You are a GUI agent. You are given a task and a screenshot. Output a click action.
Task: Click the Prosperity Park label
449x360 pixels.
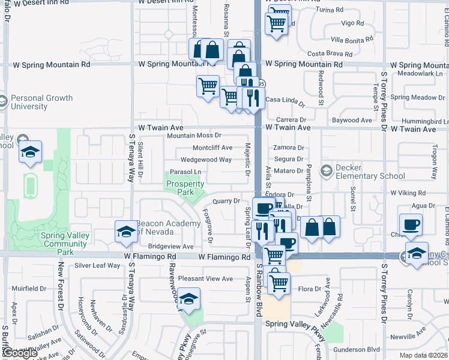185,188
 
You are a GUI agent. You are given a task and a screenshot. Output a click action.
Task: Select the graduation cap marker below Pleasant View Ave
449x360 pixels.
188,298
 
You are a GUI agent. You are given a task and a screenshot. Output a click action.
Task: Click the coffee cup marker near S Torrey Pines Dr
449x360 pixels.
411,225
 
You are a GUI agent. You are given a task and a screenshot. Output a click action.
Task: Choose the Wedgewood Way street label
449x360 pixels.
206,160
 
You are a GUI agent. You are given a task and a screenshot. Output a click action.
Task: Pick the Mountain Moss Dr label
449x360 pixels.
194,136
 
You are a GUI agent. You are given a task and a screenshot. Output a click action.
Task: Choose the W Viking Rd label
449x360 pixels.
408,193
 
